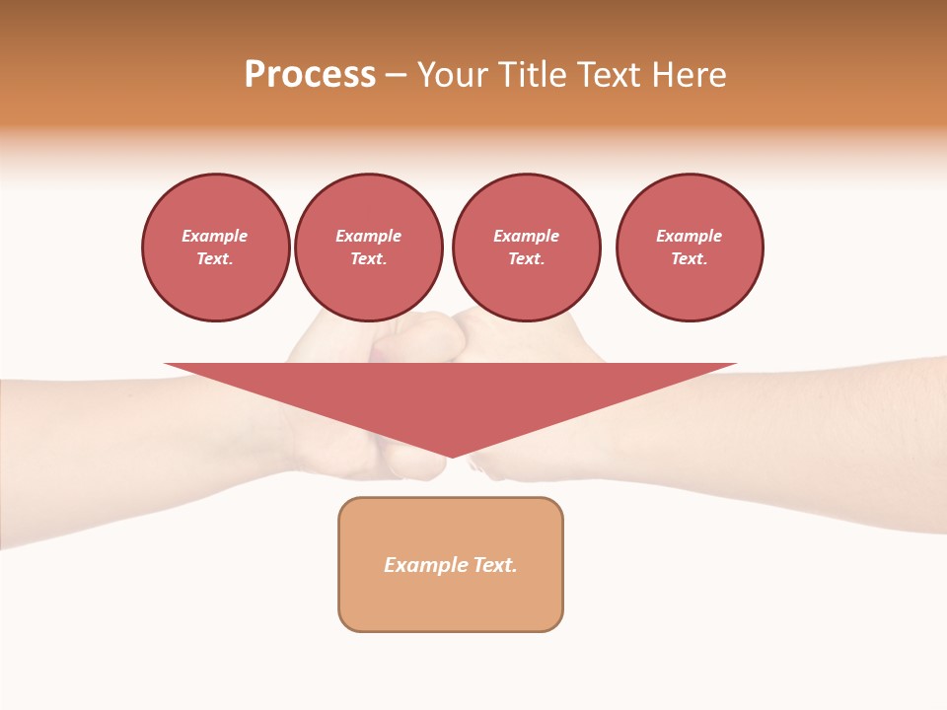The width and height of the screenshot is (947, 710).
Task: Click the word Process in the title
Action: click(x=310, y=75)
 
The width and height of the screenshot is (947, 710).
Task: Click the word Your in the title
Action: click(x=453, y=75)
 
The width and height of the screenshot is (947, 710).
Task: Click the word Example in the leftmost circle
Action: click(x=215, y=236)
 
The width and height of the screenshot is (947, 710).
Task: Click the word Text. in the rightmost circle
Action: click(x=690, y=258)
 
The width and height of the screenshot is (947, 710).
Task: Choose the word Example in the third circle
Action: click(x=527, y=236)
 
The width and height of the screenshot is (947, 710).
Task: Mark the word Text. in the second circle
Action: click(x=369, y=258)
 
